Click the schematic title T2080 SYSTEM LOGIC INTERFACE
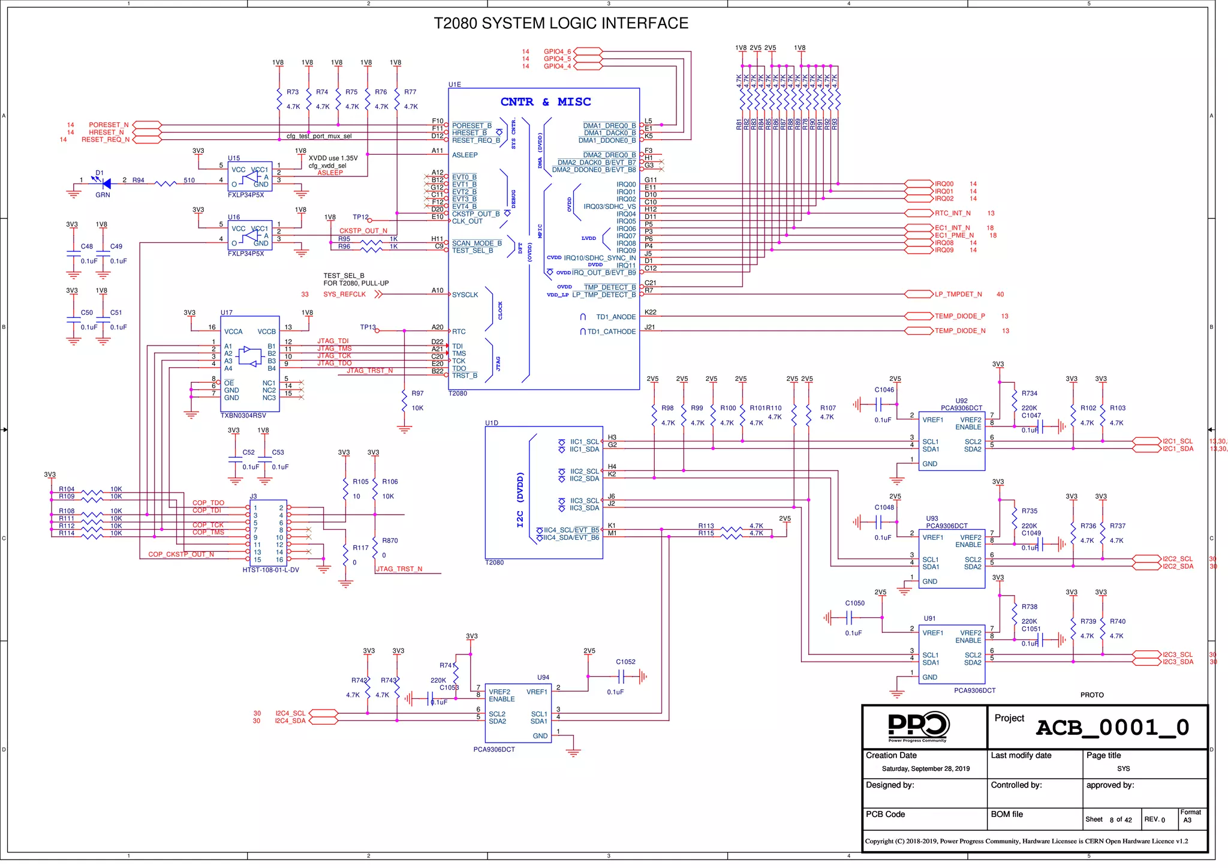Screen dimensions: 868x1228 coord(561,23)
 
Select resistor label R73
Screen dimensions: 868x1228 coord(293,92)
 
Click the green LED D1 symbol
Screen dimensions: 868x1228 coord(106,183)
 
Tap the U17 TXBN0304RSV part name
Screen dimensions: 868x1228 coord(243,416)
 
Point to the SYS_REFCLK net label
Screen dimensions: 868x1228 coord(344,295)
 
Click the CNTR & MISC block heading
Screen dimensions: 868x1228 coord(545,102)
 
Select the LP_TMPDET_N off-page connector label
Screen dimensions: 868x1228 coord(958,295)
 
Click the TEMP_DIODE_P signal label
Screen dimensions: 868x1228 coord(959,316)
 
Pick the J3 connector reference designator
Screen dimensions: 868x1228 coord(253,497)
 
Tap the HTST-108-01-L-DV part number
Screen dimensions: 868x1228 coord(270,570)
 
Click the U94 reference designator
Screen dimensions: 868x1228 coord(543,678)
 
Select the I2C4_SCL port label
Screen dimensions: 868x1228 coord(290,714)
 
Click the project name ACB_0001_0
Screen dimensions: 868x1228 coord(1112,728)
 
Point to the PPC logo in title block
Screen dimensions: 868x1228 coord(917,727)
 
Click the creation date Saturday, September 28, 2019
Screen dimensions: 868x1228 coord(925,769)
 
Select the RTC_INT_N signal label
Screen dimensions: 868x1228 coord(952,214)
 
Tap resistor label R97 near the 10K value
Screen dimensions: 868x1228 coord(417,394)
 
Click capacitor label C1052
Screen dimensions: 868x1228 coord(625,662)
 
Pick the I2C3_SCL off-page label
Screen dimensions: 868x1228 coord(1178,655)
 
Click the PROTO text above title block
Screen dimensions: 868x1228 coord(1091,695)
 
